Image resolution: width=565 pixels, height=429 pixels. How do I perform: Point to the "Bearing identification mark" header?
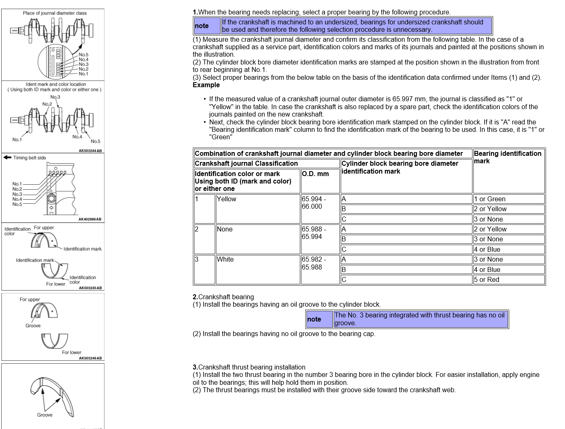(x=508, y=157)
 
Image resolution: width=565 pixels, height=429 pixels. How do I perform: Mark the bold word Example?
(x=206, y=85)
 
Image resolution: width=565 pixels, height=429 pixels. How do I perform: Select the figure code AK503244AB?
(x=90, y=151)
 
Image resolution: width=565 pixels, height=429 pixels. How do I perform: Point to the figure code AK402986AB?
(x=90, y=219)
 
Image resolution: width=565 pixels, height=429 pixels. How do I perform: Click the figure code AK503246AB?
(x=90, y=358)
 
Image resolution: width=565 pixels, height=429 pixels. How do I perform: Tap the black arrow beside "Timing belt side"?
(x=7, y=157)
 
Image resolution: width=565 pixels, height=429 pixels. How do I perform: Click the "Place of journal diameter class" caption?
(x=55, y=13)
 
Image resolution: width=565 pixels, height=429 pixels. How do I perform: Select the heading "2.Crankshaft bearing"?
(x=223, y=297)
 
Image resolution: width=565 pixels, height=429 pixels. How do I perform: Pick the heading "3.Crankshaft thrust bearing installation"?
(x=249, y=367)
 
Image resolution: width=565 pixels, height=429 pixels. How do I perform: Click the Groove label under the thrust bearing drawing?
(x=45, y=415)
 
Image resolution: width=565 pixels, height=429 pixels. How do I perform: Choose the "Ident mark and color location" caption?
(x=56, y=84)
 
